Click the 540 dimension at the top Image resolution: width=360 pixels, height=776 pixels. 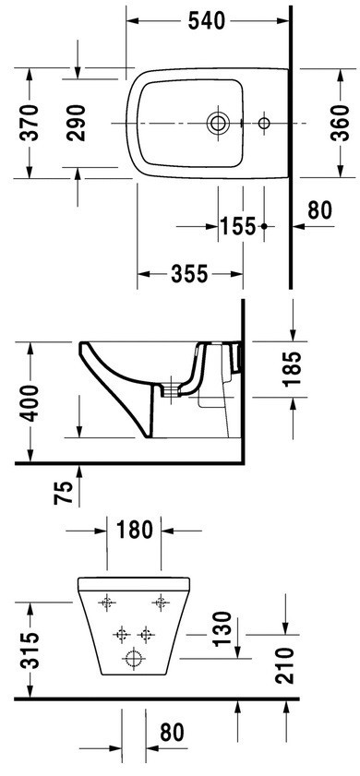coord(207,21)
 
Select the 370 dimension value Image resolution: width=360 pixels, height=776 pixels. coord(30,122)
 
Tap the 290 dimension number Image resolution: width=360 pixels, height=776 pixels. coord(77,123)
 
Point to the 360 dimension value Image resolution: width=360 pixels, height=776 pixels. coord(340,123)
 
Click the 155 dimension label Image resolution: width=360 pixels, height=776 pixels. coord(238,227)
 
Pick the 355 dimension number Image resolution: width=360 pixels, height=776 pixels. coord(189,274)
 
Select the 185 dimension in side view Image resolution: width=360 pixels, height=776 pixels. coord(292,368)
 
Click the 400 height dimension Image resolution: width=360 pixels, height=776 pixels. coord(30,403)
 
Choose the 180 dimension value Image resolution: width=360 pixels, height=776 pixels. coord(134,531)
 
